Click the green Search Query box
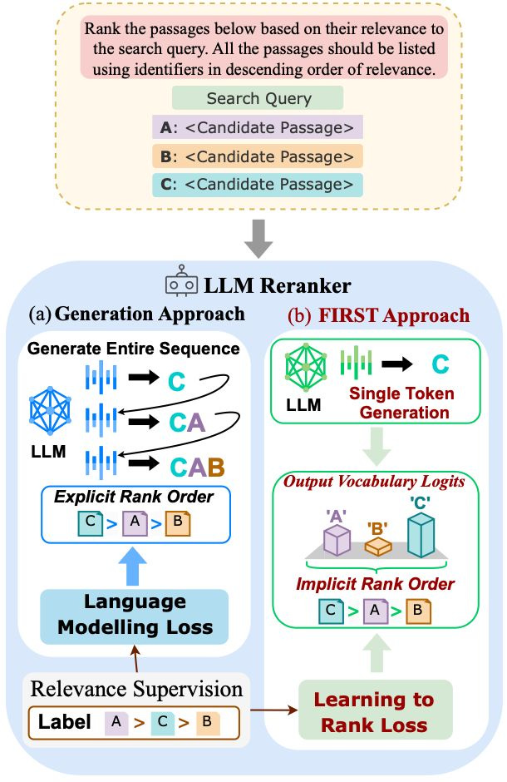coord(258,98)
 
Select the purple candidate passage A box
coord(258,127)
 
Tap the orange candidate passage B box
coord(258,156)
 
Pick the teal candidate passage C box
coord(258,185)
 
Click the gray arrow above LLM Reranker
coord(258,239)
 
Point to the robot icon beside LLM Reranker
coord(181,281)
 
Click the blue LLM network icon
coord(50,409)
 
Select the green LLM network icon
coord(306,368)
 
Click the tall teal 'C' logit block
coord(421,536)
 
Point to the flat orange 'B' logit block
coord(378,547)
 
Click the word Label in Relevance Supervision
coord(64,721)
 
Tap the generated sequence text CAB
coord(197,468)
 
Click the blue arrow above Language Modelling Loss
coord(132,567)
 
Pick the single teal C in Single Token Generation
coord(441,364)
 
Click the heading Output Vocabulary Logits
coord(374,482)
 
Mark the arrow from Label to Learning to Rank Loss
coord(274,710)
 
